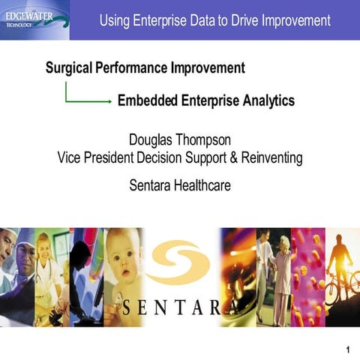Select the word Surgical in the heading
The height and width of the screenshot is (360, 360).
coord(70,68)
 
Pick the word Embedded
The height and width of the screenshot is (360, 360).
coord(148,100)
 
